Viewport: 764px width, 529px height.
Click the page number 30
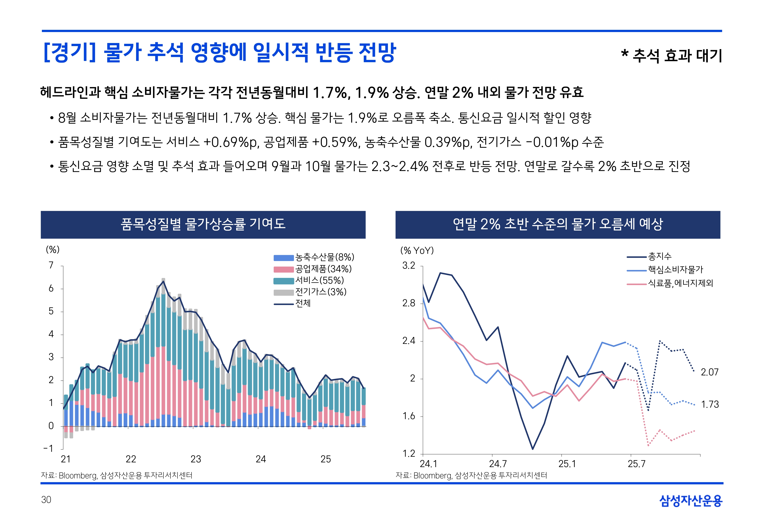[x=46, y=500]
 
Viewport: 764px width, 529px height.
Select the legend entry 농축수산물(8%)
[x=324, y=257]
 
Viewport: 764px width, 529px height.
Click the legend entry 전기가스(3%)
[x=320, y=292]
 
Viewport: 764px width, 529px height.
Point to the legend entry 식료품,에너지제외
[x=680, y=283]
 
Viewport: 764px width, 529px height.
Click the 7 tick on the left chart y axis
[x=51, y=265]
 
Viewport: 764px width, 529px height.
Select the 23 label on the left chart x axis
[x=196, y=459]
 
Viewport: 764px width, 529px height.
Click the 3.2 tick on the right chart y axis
[x=409, y=265]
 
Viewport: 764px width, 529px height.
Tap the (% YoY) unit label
[x=417, y=251]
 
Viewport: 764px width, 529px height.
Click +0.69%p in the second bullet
[x=231, y=142]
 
